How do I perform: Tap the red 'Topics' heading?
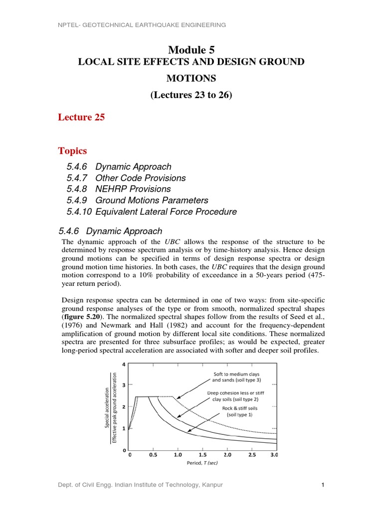click(x=73, y=151)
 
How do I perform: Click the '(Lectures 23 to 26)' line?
click(x=191, y=95)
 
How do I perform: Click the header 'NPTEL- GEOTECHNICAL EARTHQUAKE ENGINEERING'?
click(x=142, y=25)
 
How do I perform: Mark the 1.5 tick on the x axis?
click(x=202, y=454)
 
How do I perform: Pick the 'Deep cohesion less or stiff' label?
click(x=236, y=393)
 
